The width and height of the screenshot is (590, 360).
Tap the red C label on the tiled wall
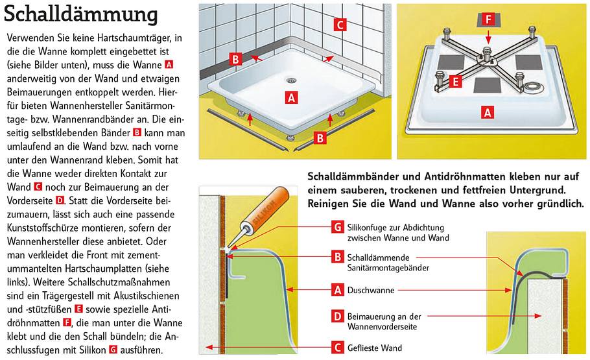[340, 25]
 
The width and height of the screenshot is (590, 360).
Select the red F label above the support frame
[489, 20]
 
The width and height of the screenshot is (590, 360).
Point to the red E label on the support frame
[455, 82]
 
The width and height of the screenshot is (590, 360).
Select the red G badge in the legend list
[336, 227]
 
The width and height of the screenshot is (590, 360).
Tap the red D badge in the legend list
[336, 317]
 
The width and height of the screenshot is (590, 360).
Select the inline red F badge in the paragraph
[66, 322]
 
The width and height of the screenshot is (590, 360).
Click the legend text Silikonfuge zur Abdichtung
[395, 227]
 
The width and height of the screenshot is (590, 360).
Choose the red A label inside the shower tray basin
[291, 97]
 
